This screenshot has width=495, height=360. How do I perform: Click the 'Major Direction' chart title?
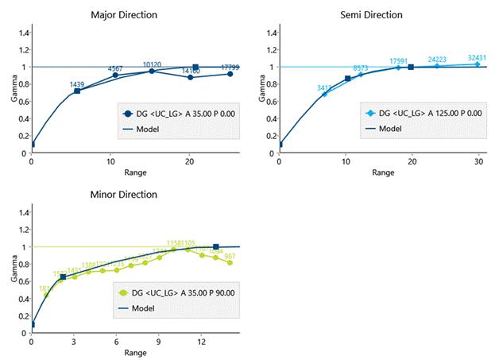tap(134, 15)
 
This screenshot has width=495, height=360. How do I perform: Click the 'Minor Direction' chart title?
tap(134, 195)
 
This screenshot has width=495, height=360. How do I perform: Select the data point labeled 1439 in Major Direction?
tap(77, 91)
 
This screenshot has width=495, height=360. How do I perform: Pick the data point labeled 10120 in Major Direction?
tap(152, 71)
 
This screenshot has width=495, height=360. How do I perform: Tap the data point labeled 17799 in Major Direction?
tap(230, 74)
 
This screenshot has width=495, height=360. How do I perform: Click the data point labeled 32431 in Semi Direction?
tap(478, 64)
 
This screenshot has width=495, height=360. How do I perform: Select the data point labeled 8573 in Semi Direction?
tap(360, 74)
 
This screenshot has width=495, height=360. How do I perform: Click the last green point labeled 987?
tap(230, 262)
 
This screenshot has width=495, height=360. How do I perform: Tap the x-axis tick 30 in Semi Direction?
tap(478, 161)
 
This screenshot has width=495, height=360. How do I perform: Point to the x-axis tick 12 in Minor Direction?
tap(201, 341)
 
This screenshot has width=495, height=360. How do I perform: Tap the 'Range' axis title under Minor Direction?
tap(134, 353)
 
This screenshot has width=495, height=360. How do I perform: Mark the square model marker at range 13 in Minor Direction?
tap(216, 247)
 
